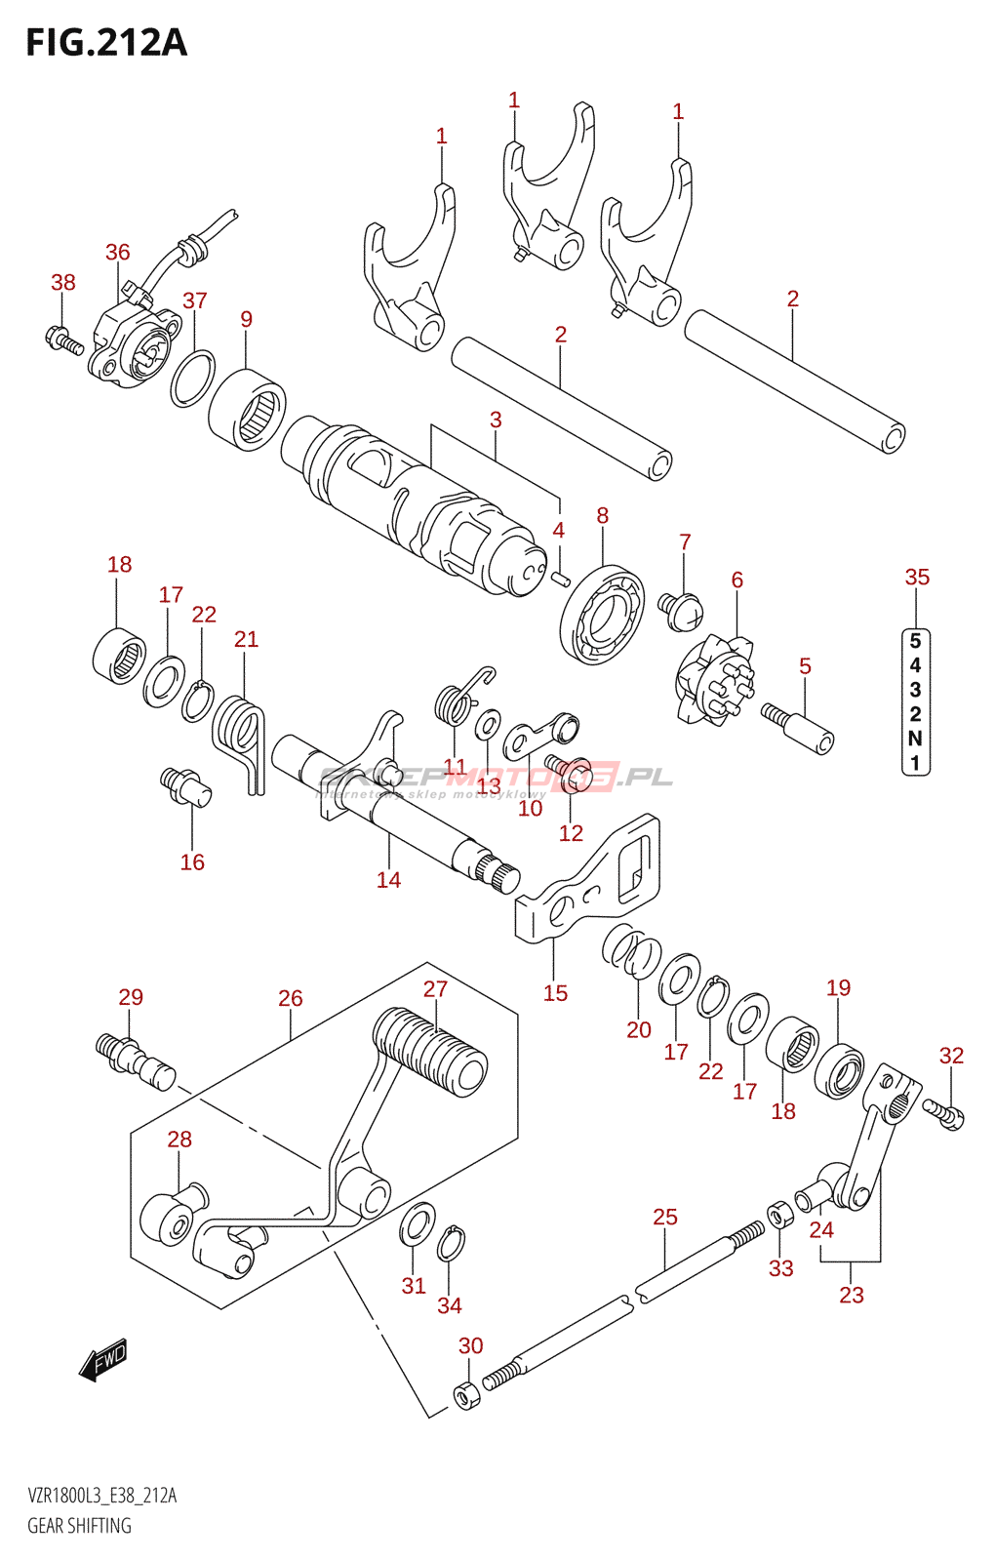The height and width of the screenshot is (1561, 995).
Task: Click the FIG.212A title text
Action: pyautogui.click(x=105, y=43)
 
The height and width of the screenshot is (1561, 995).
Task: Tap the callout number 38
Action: pyautogui.click(x=63, y=283)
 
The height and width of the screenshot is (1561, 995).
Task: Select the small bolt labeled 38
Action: pyautogui.click(x=64, y=340)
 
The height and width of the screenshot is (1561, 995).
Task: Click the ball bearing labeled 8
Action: pyautogui.click(x=603, y=615)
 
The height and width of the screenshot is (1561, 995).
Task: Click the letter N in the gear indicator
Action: pyautogui.click(x=915, y=739)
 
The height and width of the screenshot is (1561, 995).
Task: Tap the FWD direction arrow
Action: pyautogui.click(x=103, y=1358)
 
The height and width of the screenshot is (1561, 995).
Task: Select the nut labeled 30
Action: pyautogui.click(x=467, y=1395)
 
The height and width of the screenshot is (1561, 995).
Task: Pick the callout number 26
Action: pyautogui.click(x=291, y=999)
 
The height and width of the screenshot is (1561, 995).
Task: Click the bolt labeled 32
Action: pyautogui.click(x=944, y=1112)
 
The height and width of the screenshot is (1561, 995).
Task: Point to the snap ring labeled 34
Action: pyautogui.click(x=450, y=1244)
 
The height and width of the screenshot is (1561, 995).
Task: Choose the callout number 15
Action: pyautogui.click(x=555, y=993)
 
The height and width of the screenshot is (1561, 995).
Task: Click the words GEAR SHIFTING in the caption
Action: pyautogui.click(x=79, y=1526)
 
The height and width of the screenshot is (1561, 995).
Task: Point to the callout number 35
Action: pyautogui.click(x=917, y=578)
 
